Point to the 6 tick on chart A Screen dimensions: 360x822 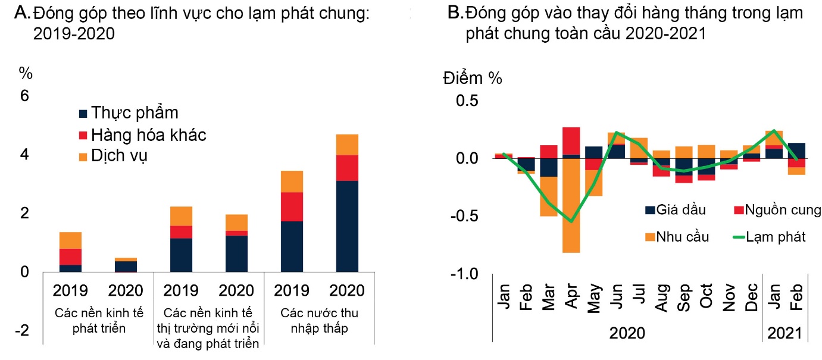click(24, 96)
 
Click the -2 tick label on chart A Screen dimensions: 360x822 click(22, 331)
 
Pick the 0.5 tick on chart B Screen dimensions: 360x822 click(468, 101)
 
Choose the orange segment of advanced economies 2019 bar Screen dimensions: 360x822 click(70, 240)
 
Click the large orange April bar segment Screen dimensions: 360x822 click(571, 205)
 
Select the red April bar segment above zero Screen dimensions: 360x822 click(571, 140)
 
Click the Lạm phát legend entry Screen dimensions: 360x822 click(768, 237)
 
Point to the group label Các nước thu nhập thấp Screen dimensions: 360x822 click(320, 320)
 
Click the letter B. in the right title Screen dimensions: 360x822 click(455, 13)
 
